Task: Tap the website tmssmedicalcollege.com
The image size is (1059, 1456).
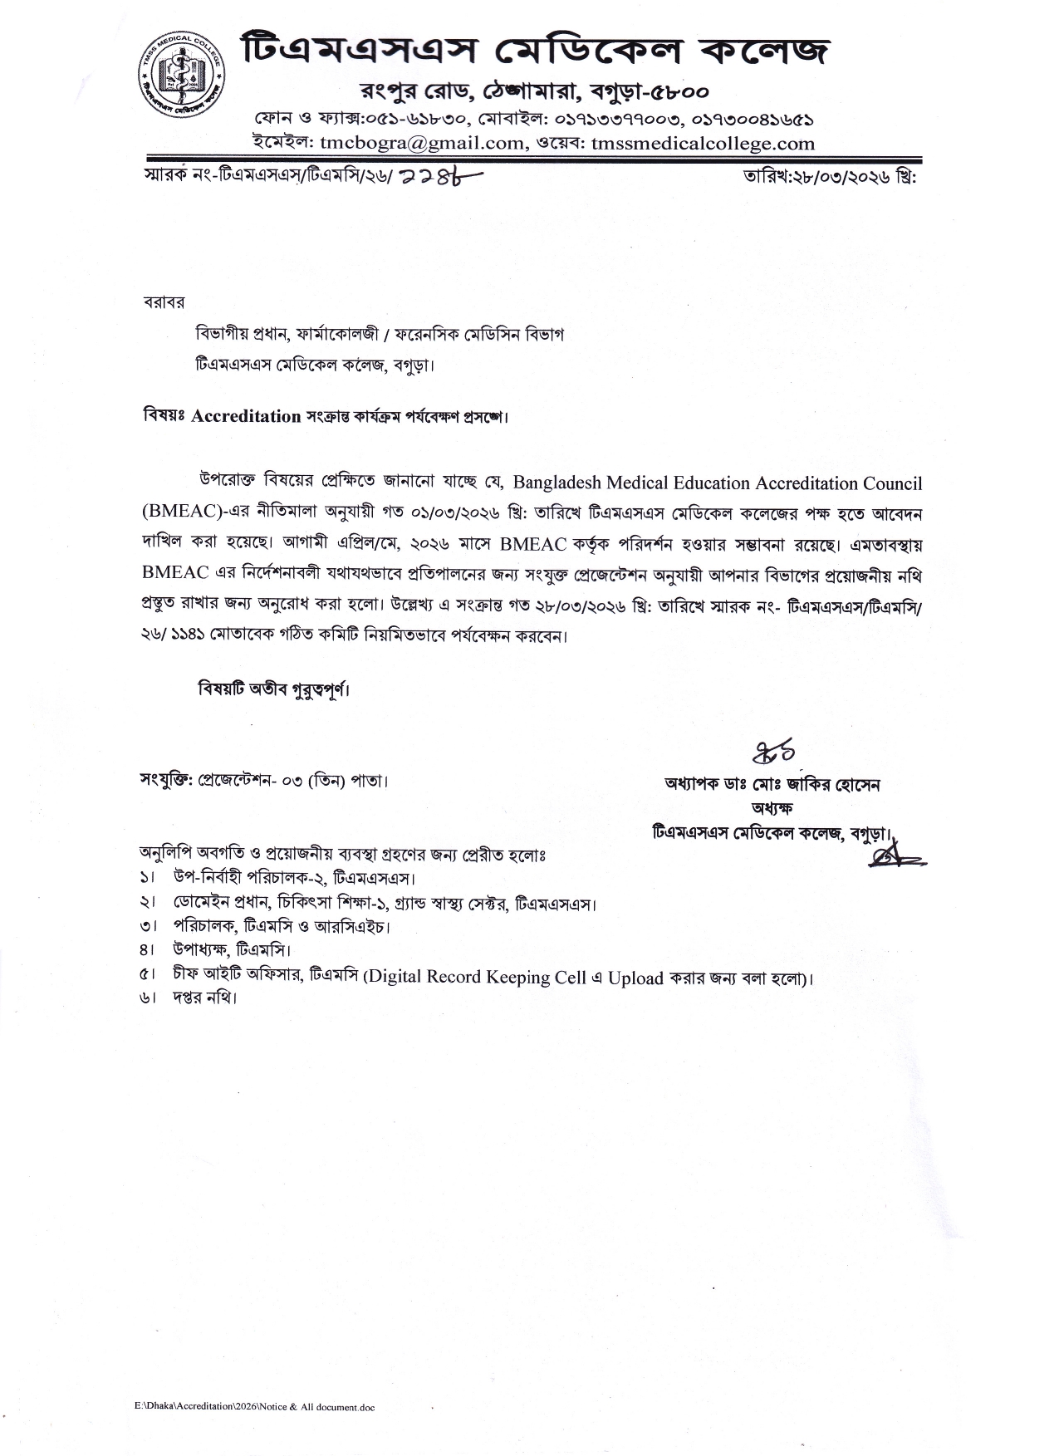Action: click(704, 143)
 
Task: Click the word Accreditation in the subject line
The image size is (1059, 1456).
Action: click(246, 416)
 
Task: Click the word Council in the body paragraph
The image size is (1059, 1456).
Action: click(887, 483)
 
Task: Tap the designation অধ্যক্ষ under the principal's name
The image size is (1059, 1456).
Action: click(772, 807)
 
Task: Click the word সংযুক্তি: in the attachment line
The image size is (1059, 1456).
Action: click(167, 782)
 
